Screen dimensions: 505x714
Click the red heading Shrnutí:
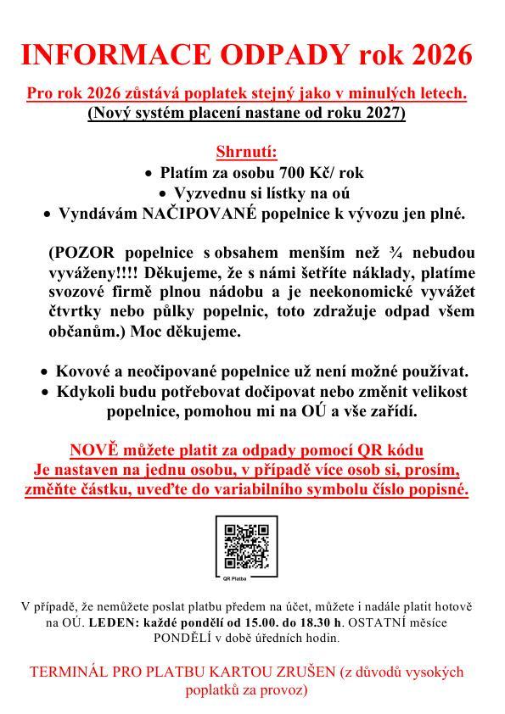click(x=247, y=153)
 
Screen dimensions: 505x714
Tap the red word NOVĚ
click(x=96, y=450)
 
